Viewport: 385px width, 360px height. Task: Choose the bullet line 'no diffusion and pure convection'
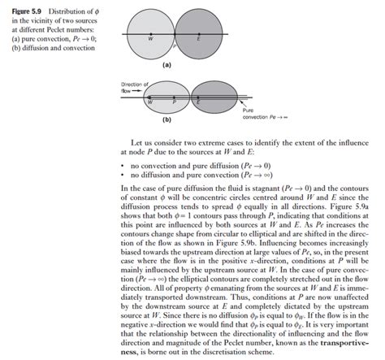180,174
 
